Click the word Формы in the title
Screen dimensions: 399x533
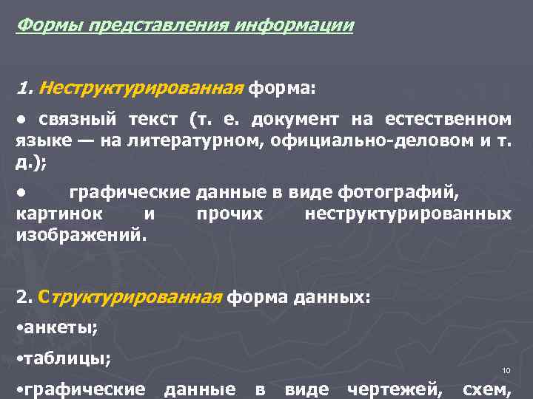50,27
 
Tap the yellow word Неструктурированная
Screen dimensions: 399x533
141,89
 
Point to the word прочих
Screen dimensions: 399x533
230,214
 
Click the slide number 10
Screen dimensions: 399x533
506,370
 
